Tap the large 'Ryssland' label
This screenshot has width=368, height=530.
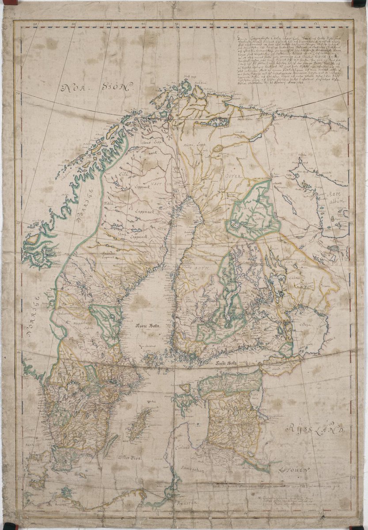(x=314, y=428)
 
